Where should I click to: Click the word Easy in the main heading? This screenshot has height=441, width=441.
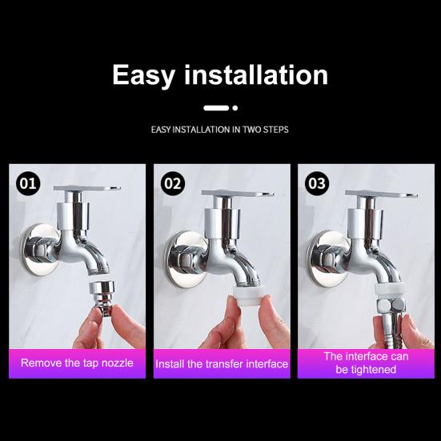click(x=143, y=75)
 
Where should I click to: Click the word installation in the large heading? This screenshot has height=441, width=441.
click(x=256, y=74)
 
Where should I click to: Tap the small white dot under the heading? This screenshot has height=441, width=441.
click(x=235, y=108)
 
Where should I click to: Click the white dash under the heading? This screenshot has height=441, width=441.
click(x=216, y=108)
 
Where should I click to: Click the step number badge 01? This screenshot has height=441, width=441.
click(x=28, y=183)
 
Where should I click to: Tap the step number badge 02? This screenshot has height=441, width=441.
click(x=173, y=183)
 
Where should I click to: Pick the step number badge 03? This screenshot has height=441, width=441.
click(x=317, y=183)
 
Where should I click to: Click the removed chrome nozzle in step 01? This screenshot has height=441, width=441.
click(x=102, y=298)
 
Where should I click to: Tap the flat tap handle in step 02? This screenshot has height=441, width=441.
click(x=238, y=193)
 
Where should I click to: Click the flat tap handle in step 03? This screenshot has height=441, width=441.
click(x=382, y=194)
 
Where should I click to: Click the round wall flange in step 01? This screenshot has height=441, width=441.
click(x=39, y=250)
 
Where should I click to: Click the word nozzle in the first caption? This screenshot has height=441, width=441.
click(x=118, y=363)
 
